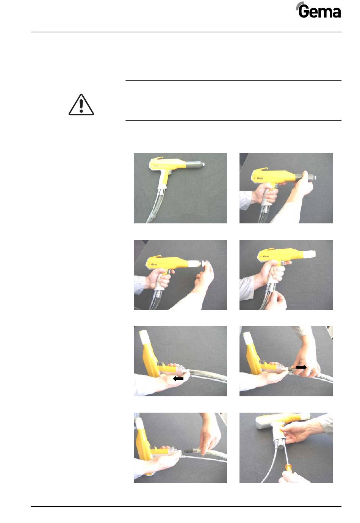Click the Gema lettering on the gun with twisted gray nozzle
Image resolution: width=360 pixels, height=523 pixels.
click(x=256, y=176)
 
